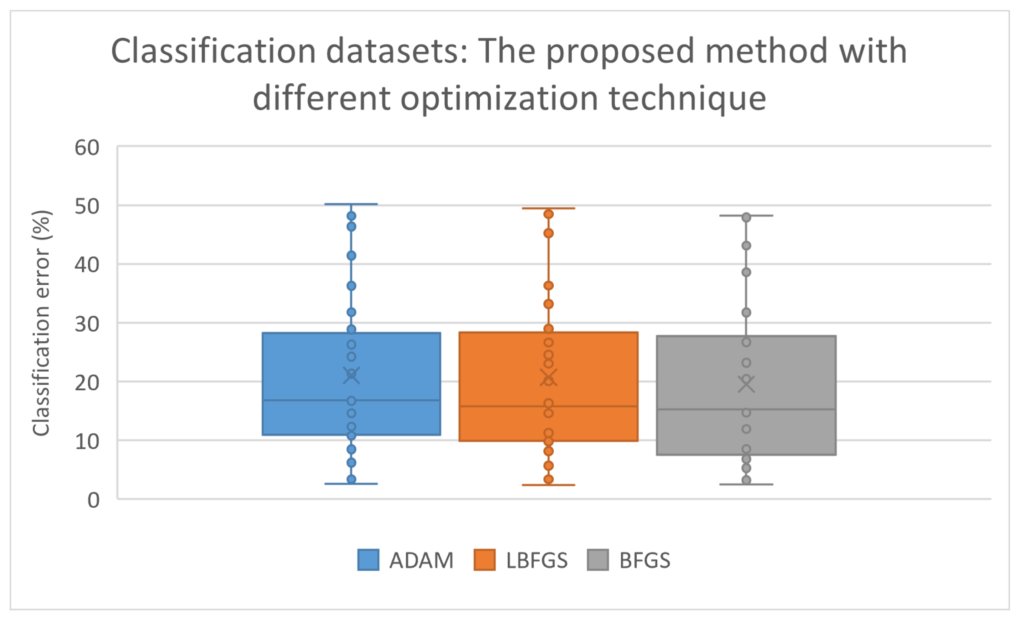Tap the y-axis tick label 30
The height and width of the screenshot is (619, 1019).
click(x=87, y=324)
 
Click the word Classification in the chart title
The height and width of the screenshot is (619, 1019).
click(x=213, y=51)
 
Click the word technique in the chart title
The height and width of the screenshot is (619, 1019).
click(x=687, y=99)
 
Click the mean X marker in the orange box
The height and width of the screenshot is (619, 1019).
click(x=548, y=378)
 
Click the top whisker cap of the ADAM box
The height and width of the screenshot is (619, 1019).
click(x=351, y=204)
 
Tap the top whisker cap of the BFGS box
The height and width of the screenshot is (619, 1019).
click(x=746, y=216)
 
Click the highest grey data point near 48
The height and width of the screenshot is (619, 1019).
click(x=746, y=217)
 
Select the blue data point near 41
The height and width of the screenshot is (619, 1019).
click(x=351, y=255)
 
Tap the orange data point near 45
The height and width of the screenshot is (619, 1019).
click(x=548, y=233)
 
